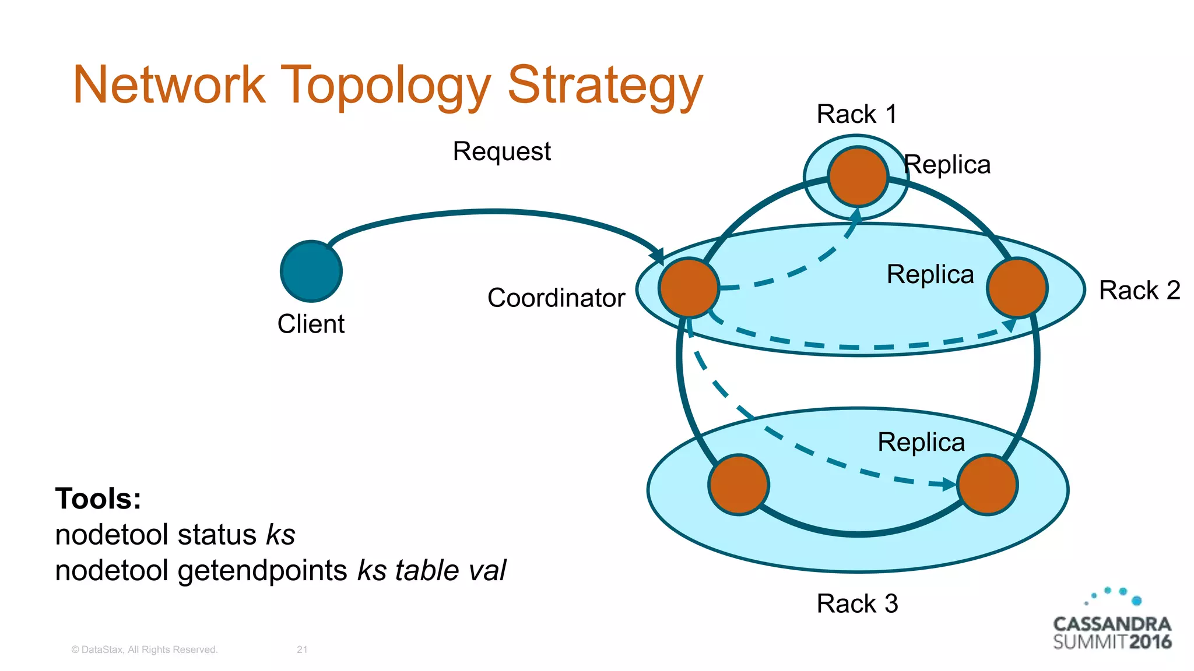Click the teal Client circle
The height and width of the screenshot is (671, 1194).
coord(311,271)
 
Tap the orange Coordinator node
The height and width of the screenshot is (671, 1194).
coord(689,288)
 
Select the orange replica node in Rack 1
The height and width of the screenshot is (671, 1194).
coord(858,176)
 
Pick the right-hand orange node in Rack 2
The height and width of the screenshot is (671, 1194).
coord(1017,288)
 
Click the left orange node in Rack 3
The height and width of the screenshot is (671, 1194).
coord(739,485)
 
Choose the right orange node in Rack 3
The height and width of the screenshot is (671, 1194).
coord(988,485)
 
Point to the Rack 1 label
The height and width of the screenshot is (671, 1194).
coord(856,114)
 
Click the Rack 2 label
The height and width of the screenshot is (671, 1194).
coord(1139,290)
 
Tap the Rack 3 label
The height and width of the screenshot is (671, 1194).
coord(857,603)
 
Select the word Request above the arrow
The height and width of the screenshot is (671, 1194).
coord(501,151)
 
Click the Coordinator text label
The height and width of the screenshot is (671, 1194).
coord(556,298)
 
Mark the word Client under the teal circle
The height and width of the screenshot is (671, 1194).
coord(311,324)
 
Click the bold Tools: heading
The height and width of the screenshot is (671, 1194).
coord(98,499)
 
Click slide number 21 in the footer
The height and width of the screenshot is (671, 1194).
coord(302,649)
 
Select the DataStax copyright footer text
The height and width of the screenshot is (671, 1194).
coord(144,649)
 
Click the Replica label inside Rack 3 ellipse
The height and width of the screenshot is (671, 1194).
coord(921,442)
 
